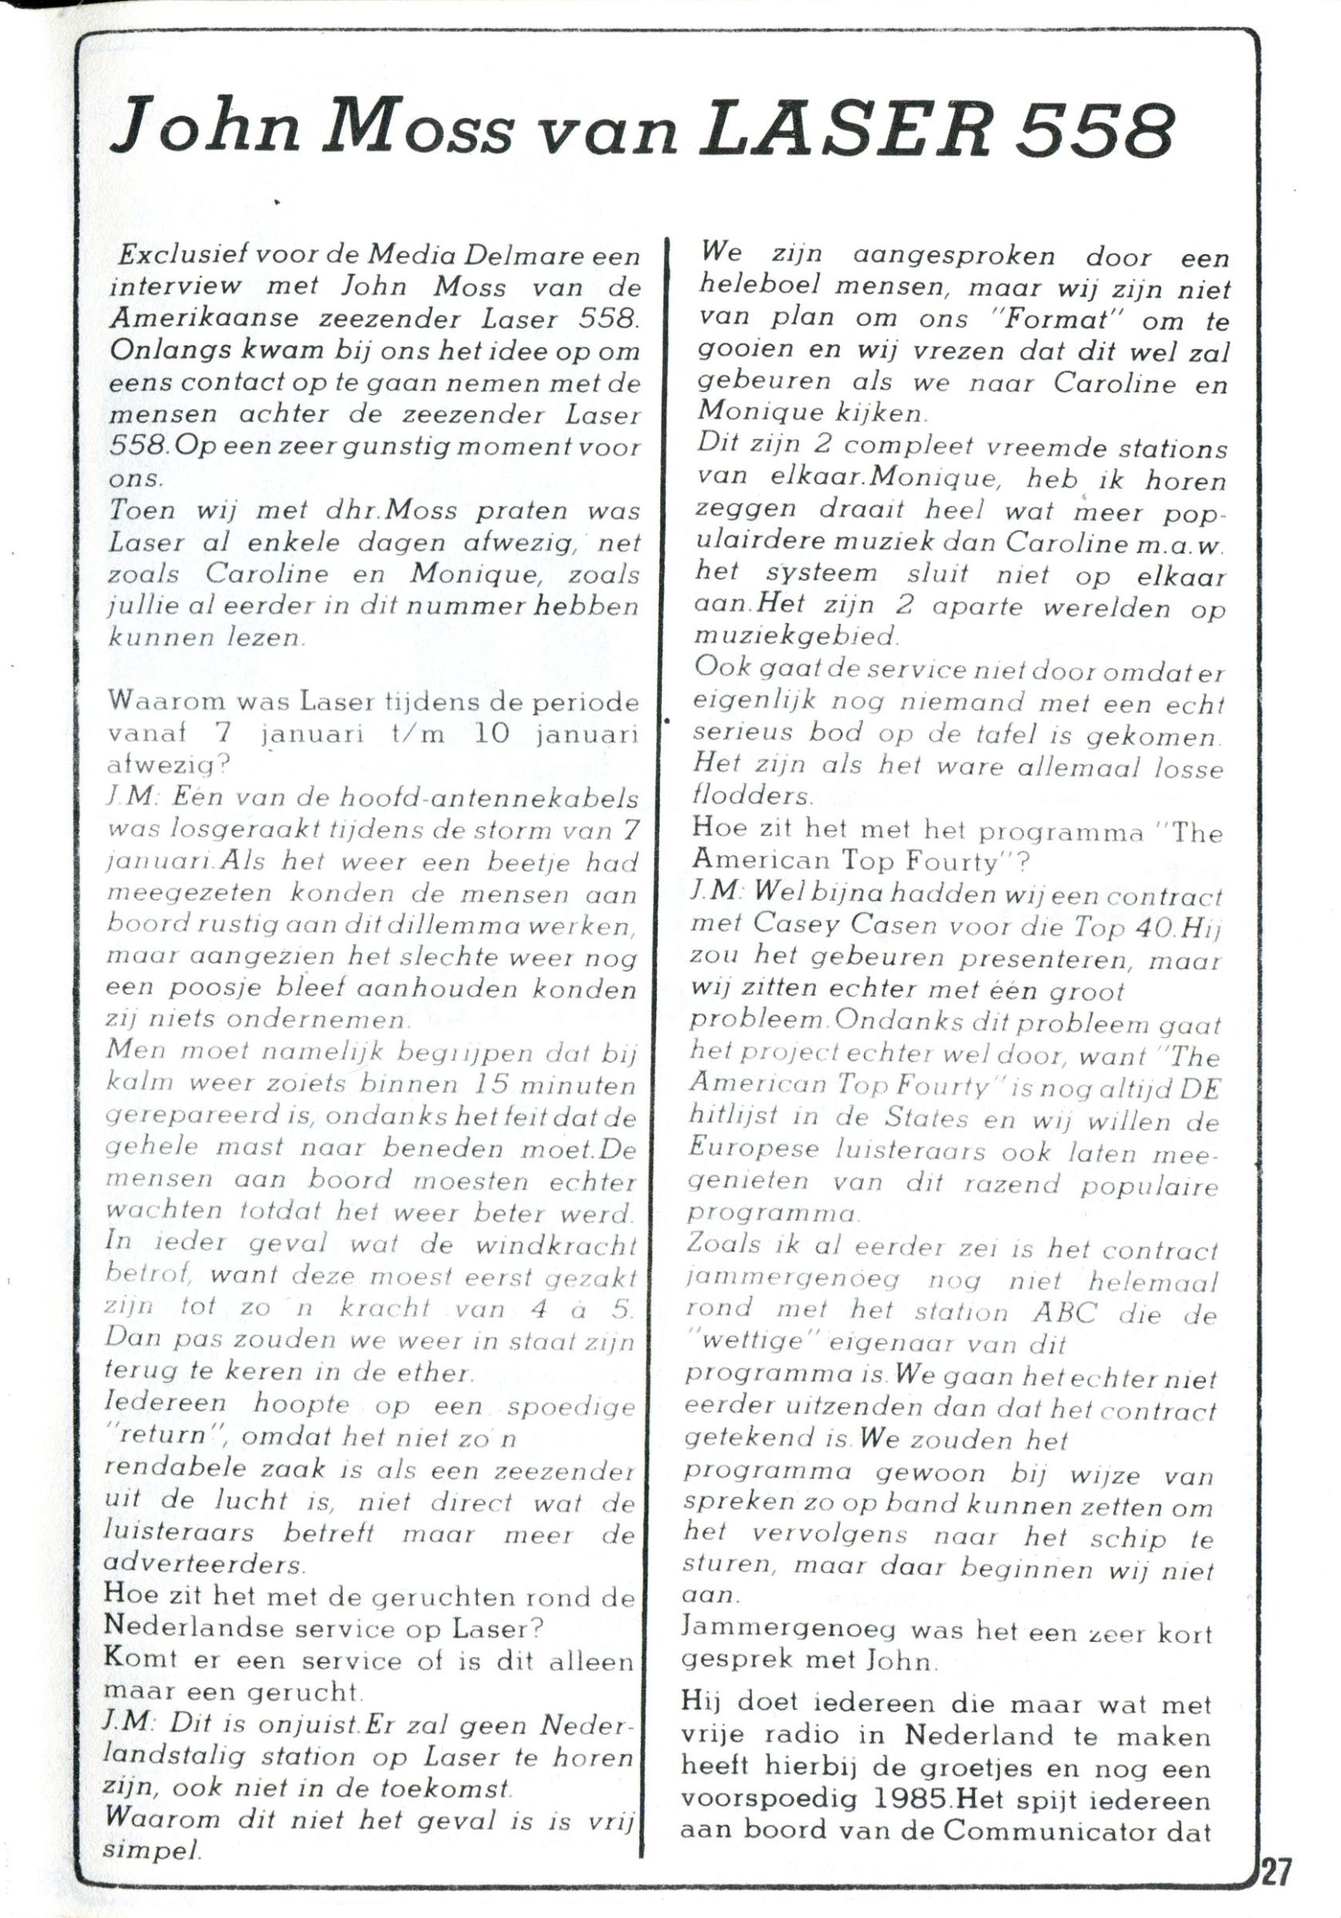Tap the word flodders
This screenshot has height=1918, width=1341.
[x=751, y=797]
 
